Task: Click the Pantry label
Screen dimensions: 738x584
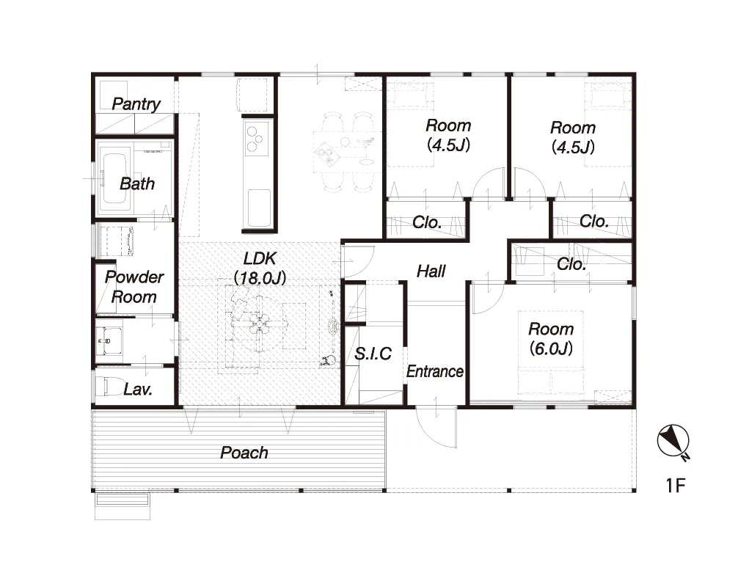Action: point(136,104)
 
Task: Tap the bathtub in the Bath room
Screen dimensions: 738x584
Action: point(114,178)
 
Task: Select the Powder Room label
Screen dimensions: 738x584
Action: point(134,287)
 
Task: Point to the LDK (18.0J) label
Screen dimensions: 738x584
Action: point(260,269)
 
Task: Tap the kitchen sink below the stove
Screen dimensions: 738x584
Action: point(259,208)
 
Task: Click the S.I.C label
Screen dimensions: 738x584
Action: point(373,354)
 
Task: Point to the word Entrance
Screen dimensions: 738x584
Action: point(435,371)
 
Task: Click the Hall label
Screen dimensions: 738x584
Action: point(431,271)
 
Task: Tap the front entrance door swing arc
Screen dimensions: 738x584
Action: point(431,433)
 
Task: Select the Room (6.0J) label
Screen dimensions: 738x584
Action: point(551,338)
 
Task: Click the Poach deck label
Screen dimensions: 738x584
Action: point(244,453)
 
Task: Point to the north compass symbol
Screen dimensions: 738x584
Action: point(673,442)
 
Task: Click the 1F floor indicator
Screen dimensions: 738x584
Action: point(675,485)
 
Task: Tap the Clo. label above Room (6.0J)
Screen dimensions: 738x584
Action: point(571,264)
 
